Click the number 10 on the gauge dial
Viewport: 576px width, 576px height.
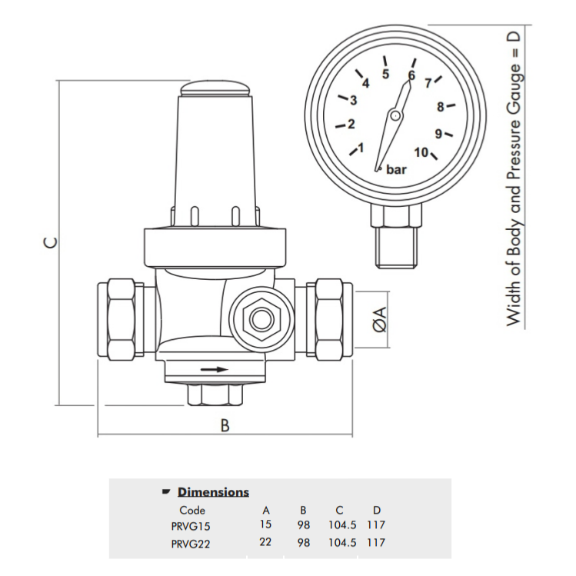click(x=421, y=152)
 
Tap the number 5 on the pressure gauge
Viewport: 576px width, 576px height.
click(x=385, y=75)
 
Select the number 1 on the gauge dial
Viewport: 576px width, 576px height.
click(x=362, y=148)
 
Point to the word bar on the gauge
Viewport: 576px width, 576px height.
click(x=397, y=169)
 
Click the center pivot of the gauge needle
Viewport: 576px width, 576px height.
click(x=395, y=115)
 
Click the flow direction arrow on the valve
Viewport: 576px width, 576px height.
click(x=215, y=370)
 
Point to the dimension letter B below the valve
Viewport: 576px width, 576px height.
click(x=225, y=425)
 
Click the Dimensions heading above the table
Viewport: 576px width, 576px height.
click(x=213, y=492)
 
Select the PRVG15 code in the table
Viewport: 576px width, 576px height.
click(x=190, y=526)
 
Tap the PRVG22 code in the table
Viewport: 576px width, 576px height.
click(x=191, y=543)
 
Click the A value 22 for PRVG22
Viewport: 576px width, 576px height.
click(x=267, y=543)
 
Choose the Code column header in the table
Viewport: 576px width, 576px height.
click(x=192, y=510)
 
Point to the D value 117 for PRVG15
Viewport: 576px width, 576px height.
click(x=376, y=526)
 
